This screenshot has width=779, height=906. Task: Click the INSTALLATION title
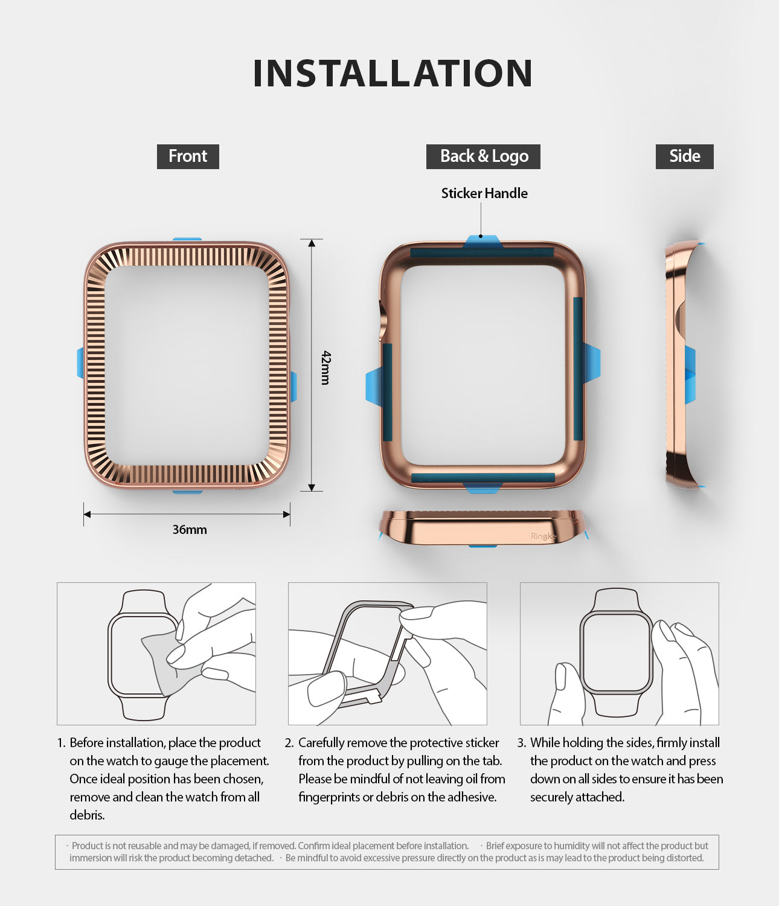pyautogui.click(x=393, y=74)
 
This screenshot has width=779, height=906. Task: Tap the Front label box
pyautogui.click(x=188, y=156)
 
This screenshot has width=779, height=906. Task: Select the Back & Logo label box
pyautogui.click(x=483, y=156)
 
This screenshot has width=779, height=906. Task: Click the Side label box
pyautogui.click(x=684, y=156)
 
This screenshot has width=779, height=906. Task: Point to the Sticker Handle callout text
pyautogui.click(x=484, y=193)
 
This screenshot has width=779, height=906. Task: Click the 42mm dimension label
pyautogui.click(x=325, y=367)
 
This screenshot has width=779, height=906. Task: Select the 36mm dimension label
pyautogui.click(x=190, y=530)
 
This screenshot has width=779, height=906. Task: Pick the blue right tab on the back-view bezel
pyautogui.click(x=592, y=362)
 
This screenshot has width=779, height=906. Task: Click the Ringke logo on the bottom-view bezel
pyautogui.click(x=542, y=536)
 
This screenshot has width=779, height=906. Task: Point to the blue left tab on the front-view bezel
pyautogui.click(x=80, y=362)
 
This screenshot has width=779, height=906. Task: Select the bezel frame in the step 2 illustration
pyautogui.click(x=356, y=652)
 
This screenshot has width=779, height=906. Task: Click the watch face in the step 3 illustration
pyautogui.click(x=616, y=652)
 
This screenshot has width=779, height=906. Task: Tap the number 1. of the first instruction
pyautogui.click(x=61, y=743)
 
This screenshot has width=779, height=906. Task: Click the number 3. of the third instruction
pyautogui.click(x=522, y=743)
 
